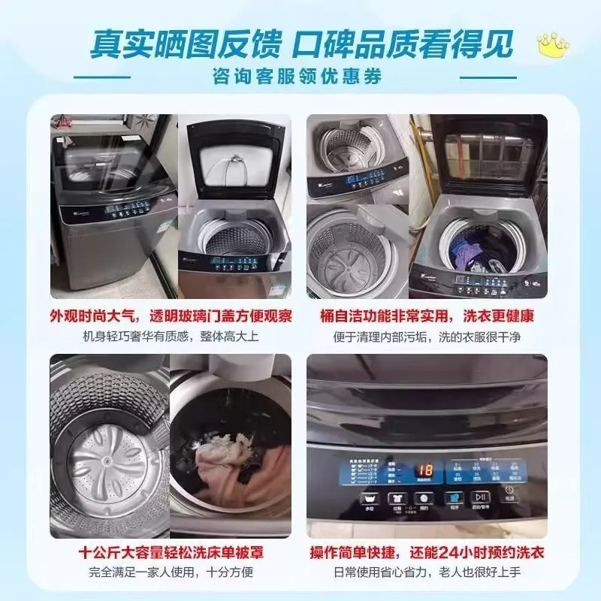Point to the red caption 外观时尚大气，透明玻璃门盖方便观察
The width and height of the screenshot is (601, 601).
pos(171,315)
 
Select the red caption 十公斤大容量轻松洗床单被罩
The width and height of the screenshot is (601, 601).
pos(171,553)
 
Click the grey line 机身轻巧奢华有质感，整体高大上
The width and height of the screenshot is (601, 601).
pos(171,336)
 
